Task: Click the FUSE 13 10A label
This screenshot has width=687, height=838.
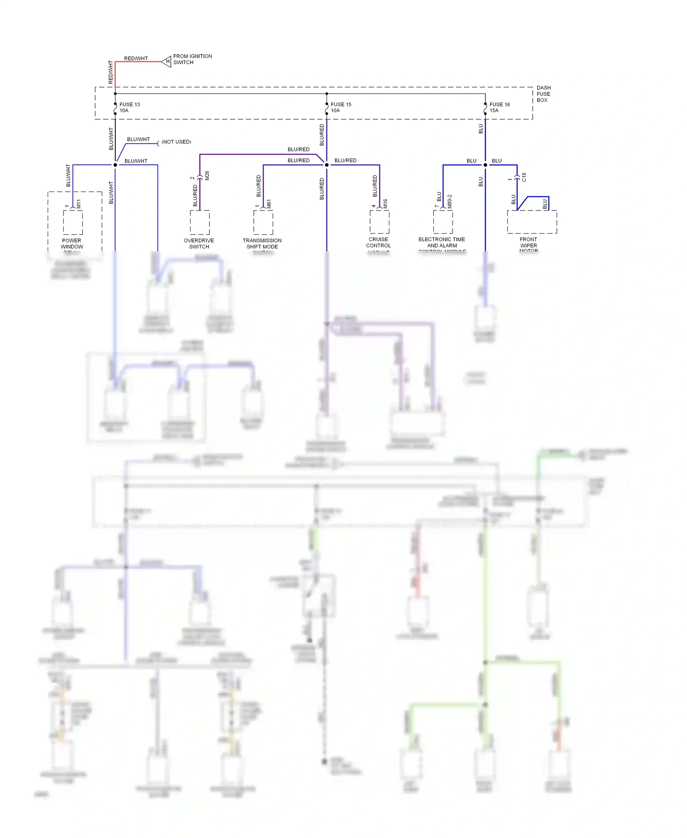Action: [129, 107]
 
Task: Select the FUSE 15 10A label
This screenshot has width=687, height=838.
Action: [341, 107]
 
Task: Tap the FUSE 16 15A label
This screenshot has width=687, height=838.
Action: [499, 107]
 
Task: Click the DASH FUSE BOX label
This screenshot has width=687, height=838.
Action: [543, 94]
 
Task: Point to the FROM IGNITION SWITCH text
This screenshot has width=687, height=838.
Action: [192, 59]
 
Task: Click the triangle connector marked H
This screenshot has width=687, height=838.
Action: [166, 61]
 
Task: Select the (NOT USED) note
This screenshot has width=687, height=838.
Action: [176, 142]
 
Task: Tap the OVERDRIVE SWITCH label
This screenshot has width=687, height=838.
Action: [199, 243]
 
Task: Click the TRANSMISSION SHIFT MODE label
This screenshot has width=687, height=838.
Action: [262, 243]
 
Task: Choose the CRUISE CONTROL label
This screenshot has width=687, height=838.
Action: [378, 243]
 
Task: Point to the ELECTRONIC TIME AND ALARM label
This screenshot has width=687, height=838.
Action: [442, 243]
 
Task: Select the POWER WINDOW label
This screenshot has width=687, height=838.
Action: [72, 243]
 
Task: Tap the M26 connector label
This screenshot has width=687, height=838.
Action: [207, 176]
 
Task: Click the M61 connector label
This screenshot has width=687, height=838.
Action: [269, 204]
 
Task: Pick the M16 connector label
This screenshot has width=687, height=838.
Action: [386, 204]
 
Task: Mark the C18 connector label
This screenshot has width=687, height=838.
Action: [524, 177]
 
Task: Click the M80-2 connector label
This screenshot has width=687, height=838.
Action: [450, 201]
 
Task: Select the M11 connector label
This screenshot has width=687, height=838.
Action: [79, 204]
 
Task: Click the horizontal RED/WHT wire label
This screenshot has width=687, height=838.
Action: [136, 59]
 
